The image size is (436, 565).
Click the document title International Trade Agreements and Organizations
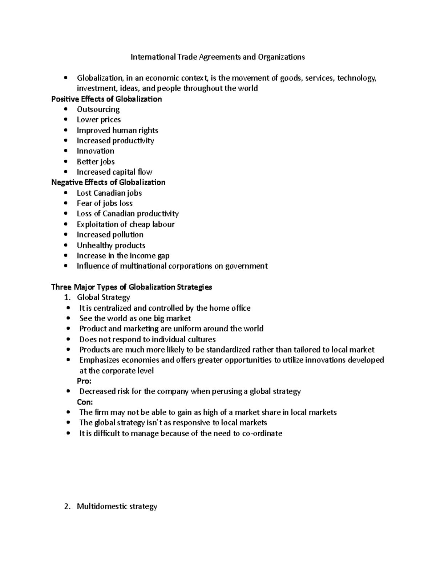click(x=218, y=57)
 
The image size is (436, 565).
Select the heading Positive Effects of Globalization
click(x=106, y=99)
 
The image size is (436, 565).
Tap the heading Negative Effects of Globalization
click(x=108, y=182)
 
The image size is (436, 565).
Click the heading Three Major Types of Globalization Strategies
click(x=132, y=287)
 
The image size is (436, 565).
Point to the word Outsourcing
click(x=98, y=110)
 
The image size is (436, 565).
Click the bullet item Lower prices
click(x=98, y=120)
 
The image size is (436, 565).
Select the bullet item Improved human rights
click(x=117, y=130)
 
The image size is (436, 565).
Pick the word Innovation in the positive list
click(x=95, y=151)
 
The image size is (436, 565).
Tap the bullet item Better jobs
click(x=96, y=162)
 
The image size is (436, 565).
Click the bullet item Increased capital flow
click(x=114, y=172)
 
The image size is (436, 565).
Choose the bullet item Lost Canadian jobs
click(x=109, y=193)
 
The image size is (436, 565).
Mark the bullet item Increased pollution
click(x=110, y=235)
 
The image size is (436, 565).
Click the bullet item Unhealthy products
click(x=111, y=245)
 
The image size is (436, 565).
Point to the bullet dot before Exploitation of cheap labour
click(x=65, y=224)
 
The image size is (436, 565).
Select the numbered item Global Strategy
click(x=103, y=298)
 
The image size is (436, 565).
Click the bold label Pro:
click(x=84, y=381)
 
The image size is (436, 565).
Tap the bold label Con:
click(x=85, y=402)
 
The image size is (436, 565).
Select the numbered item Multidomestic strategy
click(x=117, y=506)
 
